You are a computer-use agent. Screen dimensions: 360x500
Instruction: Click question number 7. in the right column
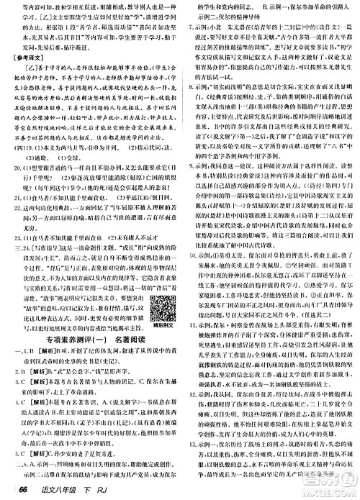click(186, 21)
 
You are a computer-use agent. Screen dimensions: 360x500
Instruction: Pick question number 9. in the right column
click(186, 164)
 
